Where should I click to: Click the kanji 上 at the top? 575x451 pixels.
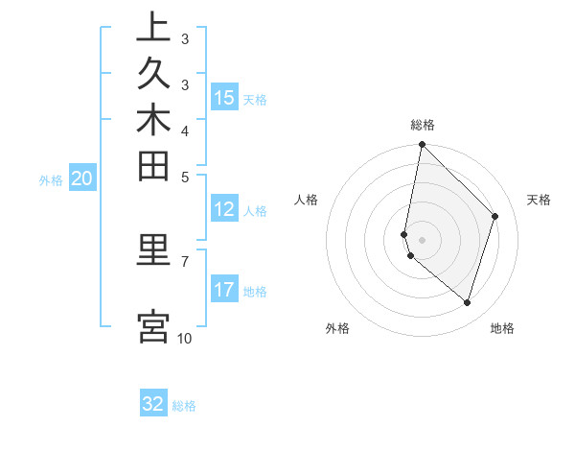click(x=153, y=28)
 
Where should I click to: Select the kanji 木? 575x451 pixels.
click(x=153, y=122)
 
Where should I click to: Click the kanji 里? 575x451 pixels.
click(x=153, y=251)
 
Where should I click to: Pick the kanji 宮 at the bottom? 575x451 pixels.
click(x=153, y=326)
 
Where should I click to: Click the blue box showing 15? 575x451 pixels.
click(x=224, y=98)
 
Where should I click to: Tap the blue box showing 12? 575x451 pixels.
click(x=224, y=210)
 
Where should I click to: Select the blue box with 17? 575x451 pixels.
click(x=224, y=290)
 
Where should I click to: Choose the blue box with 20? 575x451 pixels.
click(x=82, y=178)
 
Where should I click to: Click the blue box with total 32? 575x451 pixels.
click(x=153, y=404)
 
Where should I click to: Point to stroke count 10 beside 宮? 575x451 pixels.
click(x=184, y=338)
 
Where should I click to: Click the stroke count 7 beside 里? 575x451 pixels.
click(x=184, y=260)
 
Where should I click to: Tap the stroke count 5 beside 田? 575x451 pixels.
click(x=184, y=176)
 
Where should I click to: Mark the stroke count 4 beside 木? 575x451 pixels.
click(x=184, y=130)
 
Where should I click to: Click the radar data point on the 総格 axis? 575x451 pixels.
click(x=422, y=144)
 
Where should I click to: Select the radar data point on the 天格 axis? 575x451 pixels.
click(x=495, y=216)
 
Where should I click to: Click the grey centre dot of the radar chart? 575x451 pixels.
click(x=422, y=240)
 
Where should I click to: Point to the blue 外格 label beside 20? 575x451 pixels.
click(x=51, y=178)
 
